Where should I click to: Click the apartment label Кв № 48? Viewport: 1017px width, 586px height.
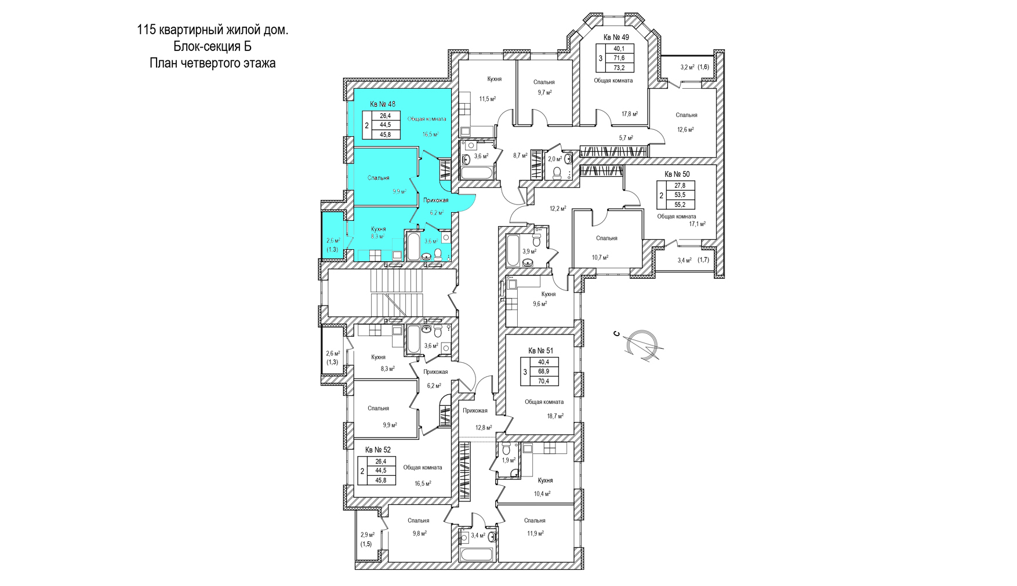click(383, 104)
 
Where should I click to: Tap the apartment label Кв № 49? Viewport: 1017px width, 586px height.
click(616, 38)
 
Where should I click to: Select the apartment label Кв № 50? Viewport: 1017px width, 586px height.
click(677, 174)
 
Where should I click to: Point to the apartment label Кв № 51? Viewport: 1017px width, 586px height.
click(540, 351)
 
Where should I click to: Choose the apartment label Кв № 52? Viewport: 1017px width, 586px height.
click(378, 450)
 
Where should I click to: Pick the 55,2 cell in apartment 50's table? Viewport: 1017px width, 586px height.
click(680, 205)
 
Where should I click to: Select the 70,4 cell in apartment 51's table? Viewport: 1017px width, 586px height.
click(543, 381)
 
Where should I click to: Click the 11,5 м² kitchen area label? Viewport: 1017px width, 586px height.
click(487, 99)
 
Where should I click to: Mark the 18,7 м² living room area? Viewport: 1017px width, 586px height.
click(555, 416)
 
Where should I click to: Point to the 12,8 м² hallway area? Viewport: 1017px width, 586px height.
click(484, 428)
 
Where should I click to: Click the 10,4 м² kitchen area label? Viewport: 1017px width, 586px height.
click(542, 494)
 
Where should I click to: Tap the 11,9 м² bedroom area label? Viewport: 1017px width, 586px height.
click(535, 533)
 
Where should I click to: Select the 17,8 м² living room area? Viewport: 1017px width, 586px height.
click(630, 114)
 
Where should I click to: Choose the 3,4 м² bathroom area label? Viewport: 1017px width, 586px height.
click(478, 536)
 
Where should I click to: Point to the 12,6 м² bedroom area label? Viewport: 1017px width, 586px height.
click(685, 130)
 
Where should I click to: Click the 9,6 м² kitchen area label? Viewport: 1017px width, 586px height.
click(540, 304)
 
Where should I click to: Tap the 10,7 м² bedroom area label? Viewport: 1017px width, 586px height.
click(600, 257)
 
